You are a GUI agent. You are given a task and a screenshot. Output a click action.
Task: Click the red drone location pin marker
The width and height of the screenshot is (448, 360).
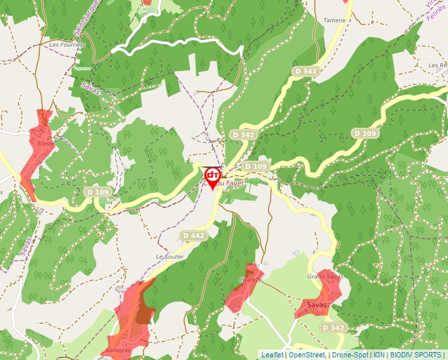(x=212, y=176)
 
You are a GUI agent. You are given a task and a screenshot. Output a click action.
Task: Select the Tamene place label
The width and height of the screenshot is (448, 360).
(x=334, y=20)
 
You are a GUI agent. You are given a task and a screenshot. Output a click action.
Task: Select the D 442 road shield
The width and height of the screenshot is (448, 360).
(x=194, y=235)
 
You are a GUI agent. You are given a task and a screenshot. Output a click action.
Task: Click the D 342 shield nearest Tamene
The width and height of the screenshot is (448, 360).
(x=306, y=71)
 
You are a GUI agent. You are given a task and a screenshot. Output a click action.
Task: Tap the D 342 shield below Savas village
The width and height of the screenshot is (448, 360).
(x=333, y=328)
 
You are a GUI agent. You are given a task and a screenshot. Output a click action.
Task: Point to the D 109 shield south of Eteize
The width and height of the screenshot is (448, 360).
(x=98, y=192)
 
